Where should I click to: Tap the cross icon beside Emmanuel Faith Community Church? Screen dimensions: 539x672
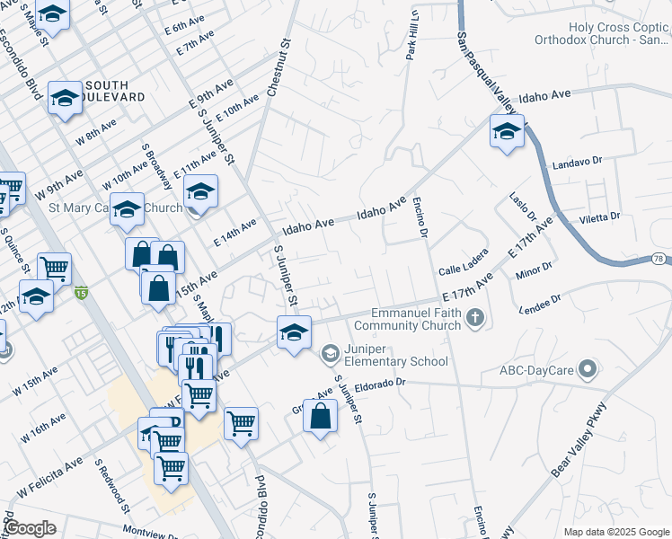[x=475, y=317]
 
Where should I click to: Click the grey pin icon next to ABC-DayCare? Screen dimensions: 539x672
[x=588, y=367]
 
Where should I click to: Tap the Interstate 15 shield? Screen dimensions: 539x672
[x=82, y=292]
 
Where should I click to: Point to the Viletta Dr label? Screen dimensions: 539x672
[x=600, y=216]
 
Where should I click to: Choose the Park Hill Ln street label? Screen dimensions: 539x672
[x=412, y=36]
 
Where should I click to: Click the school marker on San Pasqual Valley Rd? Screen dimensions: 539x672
[x=507, y=131]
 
